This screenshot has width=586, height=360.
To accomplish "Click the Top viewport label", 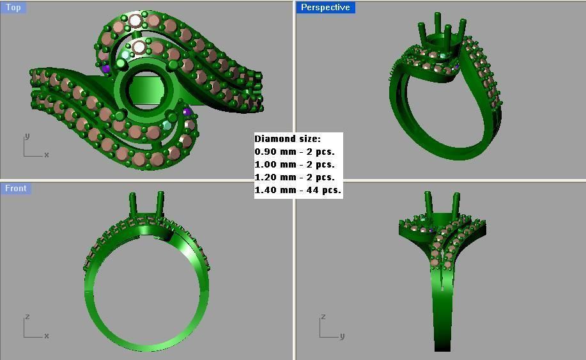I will click(13, 8).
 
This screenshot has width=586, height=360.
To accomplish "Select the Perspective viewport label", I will click(325, 8).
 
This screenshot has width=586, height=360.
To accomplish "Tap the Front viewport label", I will click(16, 188).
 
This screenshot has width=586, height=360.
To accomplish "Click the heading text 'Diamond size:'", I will click(288, 139).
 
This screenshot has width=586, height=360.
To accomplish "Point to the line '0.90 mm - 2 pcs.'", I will click(295, 152).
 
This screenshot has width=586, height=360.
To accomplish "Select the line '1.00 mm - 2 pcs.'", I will click(295, 164).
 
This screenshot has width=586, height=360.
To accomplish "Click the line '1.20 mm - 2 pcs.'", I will click(295, 177).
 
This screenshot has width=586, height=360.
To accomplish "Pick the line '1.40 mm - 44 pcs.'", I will click(298, 190).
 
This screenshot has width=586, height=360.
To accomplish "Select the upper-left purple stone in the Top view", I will click(105, 68).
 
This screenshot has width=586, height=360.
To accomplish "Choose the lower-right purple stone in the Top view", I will click(187, 113).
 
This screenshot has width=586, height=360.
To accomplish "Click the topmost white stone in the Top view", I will click(135, 20).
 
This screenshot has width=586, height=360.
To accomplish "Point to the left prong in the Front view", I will click(133, 205).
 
